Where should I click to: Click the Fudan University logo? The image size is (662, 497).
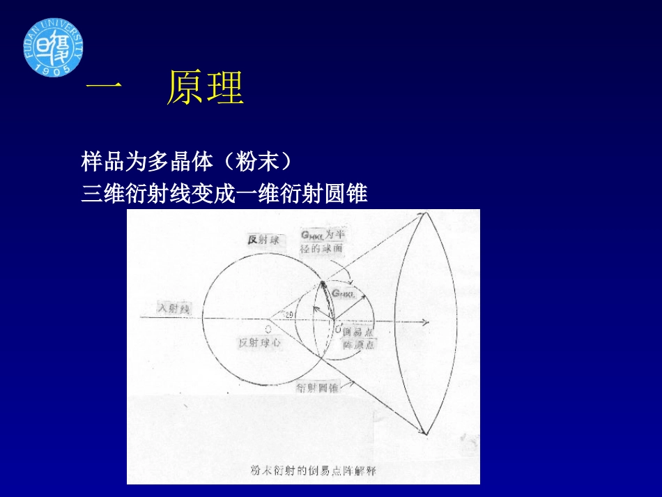tap(53, 47)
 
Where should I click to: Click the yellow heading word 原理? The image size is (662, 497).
tap(205, 89)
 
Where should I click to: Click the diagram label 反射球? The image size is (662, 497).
tap(263, 240)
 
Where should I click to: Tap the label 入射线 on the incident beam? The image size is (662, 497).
tap(174, 307)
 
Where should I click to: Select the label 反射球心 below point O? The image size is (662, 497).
tap(260, 342)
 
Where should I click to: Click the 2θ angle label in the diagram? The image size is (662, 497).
tap(288, 315)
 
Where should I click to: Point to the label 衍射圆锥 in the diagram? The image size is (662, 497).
tap(318, 388)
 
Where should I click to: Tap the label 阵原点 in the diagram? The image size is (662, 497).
tap(358, 344)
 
